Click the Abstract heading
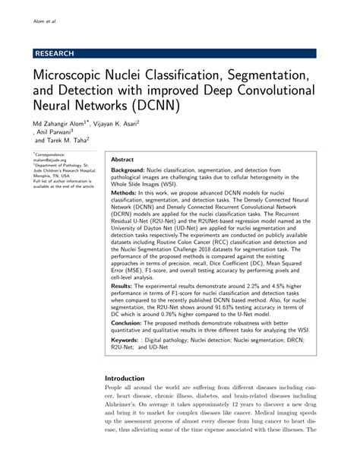coord(124,160)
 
